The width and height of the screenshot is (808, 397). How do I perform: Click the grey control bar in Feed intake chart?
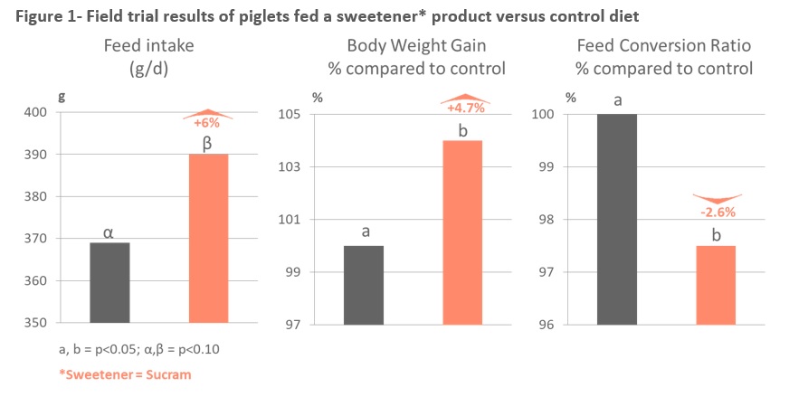coord(109,282)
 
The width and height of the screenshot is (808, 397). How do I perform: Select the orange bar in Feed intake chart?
coord(208,238)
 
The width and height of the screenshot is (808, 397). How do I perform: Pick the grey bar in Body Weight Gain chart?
coord(364,285)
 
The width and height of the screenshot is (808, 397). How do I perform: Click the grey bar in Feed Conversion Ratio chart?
coord(618,219)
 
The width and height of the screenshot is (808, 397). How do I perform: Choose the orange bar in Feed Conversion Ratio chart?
coord(717,285)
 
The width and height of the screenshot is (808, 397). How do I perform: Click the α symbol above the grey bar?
coord(109,232)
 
